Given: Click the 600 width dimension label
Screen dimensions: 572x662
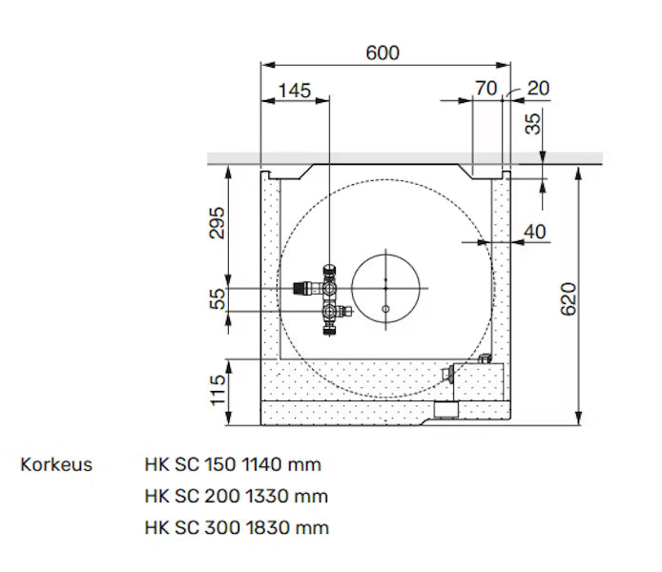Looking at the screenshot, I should pyautogui.click(x=383, y=52).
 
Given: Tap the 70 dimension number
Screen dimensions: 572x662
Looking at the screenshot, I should pyautogui.click(x=486, y=89).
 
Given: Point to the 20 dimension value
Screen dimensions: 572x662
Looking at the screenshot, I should pyautogui.click(x=537, y=89).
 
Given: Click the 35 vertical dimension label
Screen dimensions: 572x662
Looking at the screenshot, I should pyautogui.click(x=533, y=123).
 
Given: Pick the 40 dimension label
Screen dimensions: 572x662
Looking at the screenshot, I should pyautogui.click(x=536, y=231).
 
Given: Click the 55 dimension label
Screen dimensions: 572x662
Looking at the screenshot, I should pyautogui.click(x=217, y=299).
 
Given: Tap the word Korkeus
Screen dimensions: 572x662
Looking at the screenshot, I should pyautogui.click(x=56, y=465).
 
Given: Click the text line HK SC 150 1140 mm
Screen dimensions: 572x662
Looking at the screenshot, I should pyautogui.click(x=233, y=465).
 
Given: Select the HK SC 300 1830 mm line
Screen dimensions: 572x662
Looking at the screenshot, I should pyautogui.click(x=233, y=526).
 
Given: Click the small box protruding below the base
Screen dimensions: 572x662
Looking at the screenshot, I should pyautogui.click(x=447, y=410).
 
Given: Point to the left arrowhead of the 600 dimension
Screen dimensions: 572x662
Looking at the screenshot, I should pyautogui.click(x=266, y=65).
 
